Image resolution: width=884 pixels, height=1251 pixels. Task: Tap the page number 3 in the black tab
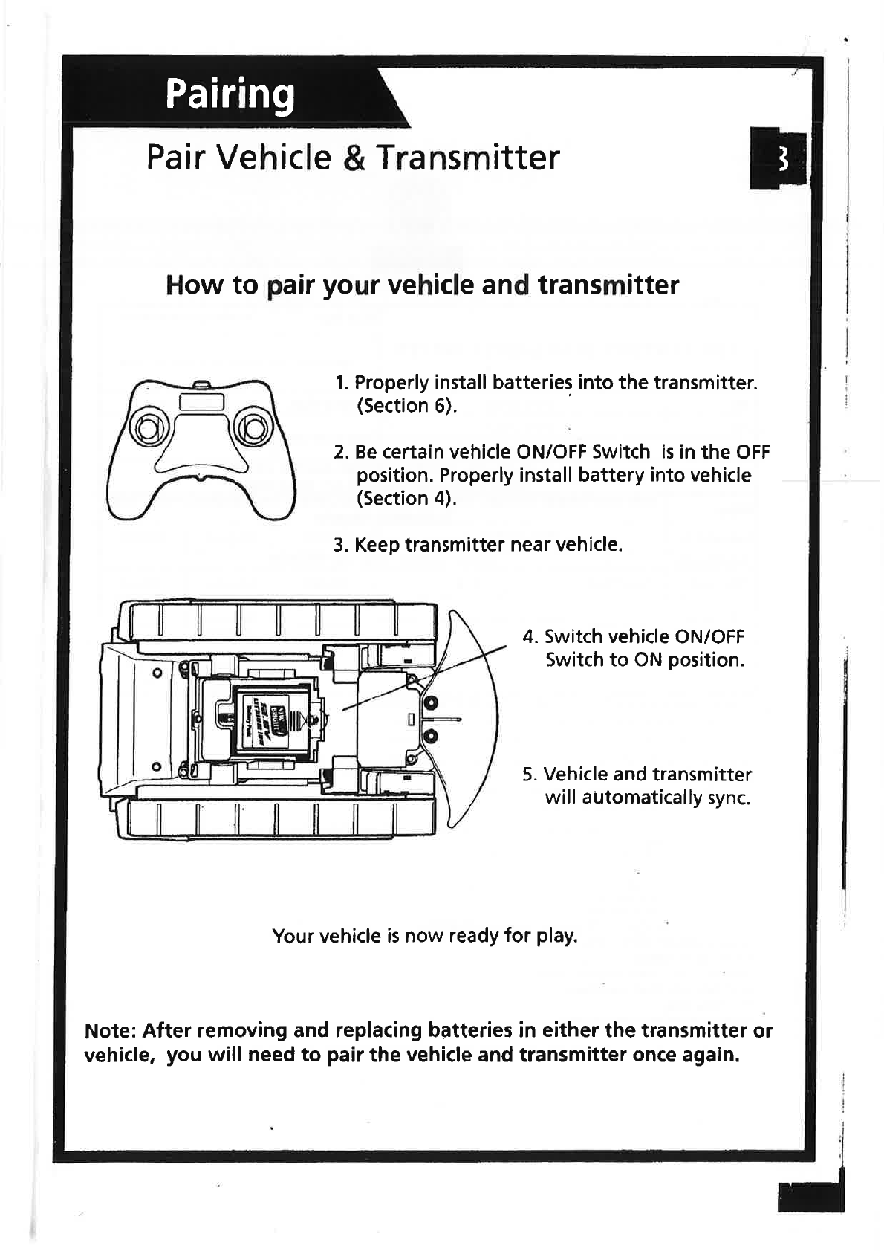781,158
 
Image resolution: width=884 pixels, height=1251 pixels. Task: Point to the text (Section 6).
407,406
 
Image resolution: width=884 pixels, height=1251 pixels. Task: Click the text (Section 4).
406,498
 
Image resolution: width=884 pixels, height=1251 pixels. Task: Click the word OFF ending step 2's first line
753,452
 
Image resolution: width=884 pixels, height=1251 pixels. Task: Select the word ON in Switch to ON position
649,660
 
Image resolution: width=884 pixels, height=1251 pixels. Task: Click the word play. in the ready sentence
556,935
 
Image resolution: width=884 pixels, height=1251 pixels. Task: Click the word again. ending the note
708,1056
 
